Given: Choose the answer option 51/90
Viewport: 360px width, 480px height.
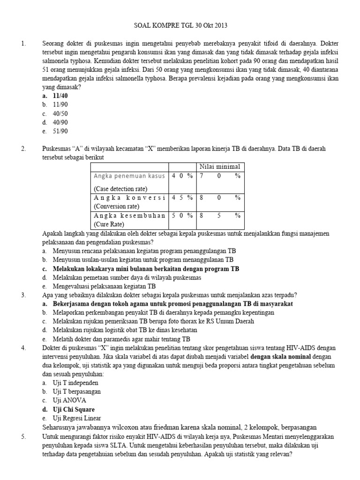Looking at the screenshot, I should pos(60,131).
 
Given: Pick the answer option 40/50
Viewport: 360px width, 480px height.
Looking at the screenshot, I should pos(60,113).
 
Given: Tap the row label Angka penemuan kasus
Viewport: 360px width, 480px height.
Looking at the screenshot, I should pos(129,176).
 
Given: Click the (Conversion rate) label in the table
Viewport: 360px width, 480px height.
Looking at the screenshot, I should pos(116,206).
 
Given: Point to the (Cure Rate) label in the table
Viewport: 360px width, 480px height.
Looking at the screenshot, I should pos(110,224).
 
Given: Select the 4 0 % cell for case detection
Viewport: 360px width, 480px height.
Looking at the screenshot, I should pos(182,176).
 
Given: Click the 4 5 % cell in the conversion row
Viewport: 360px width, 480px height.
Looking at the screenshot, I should pos(182,197).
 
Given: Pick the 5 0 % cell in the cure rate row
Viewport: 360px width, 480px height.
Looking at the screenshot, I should pos(182,215).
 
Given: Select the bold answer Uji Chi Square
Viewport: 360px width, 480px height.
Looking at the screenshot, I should pos(75,409).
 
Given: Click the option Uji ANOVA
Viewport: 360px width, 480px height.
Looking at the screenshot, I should pos(70,400).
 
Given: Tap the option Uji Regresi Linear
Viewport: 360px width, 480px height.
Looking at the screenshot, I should pos(78,418).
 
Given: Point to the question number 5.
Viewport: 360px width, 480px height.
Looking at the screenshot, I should pos(23,436).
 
